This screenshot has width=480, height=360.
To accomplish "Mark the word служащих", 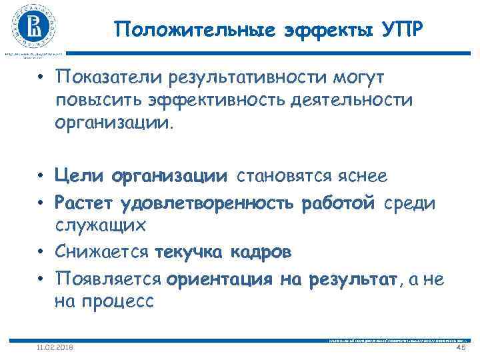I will [101, 225].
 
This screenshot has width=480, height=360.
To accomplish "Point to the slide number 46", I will [459, 348].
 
